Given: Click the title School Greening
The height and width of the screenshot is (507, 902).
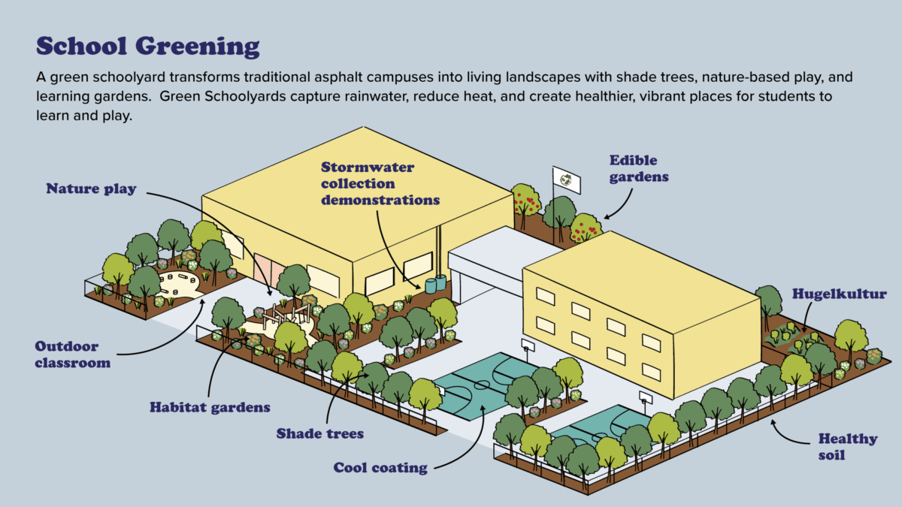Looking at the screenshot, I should pos(148,46).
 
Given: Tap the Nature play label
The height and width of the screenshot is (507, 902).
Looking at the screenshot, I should pos(91,189).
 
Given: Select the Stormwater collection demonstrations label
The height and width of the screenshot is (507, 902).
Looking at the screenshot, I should pos(380,183).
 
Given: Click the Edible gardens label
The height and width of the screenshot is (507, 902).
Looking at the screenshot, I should pos(638,169).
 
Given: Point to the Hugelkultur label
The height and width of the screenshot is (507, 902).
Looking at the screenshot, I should pos(828,294).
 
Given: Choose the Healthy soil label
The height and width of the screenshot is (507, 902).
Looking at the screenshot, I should pos(847,446).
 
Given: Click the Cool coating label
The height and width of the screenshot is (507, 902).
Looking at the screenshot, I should pos(380,468).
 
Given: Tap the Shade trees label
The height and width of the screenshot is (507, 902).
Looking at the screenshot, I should pos(320,433).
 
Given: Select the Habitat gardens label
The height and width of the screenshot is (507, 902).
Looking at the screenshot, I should pos(210,407).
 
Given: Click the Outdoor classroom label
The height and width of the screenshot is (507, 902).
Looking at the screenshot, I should pos(72,355).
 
